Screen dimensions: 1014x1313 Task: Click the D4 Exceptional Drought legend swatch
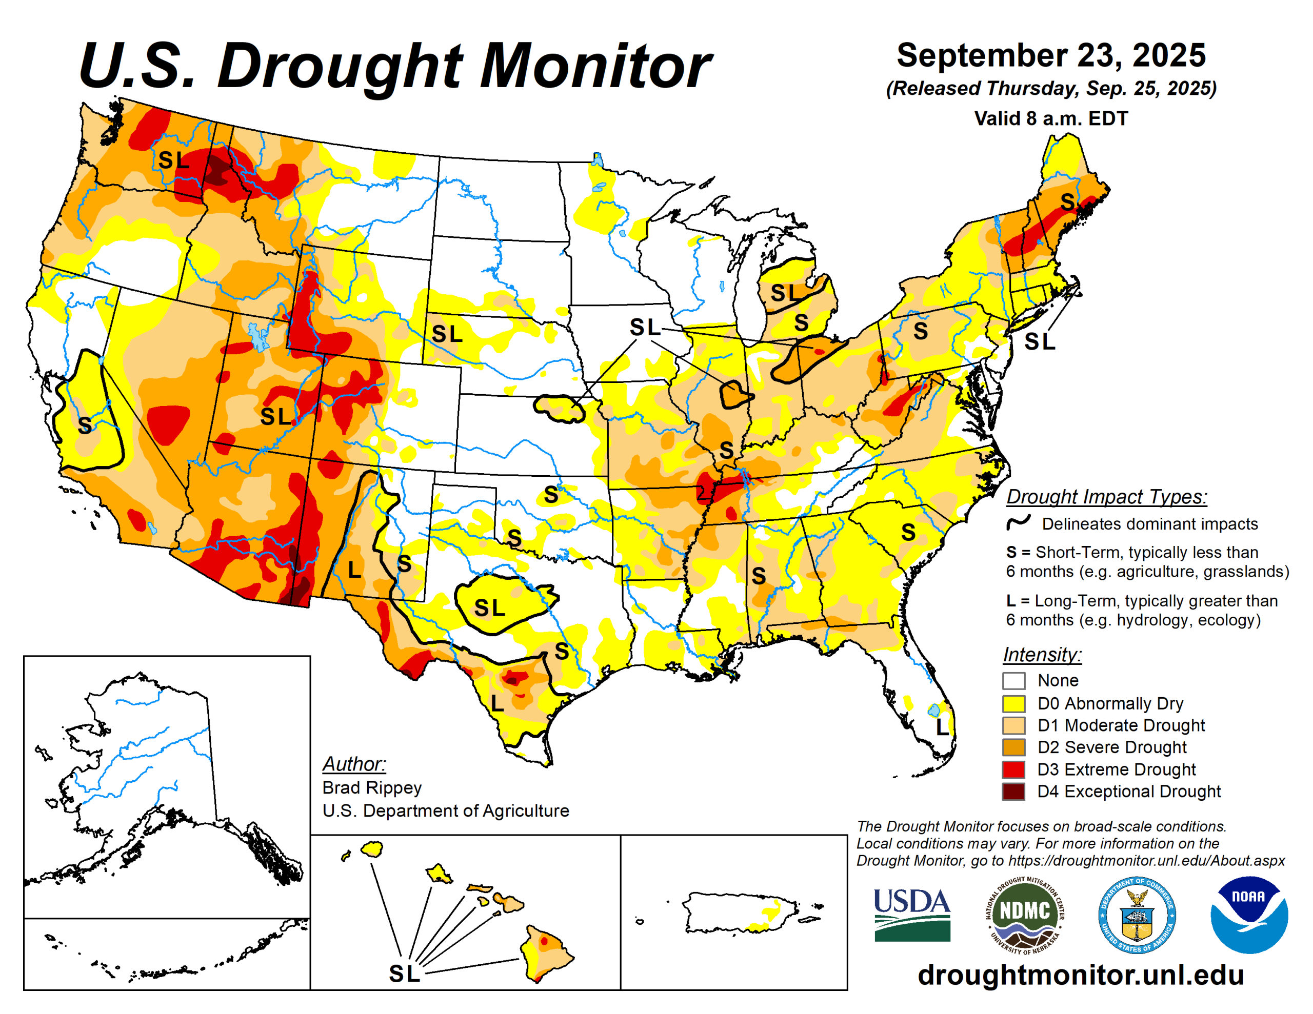[1013, 792]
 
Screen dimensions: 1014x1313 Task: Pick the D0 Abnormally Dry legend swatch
[1013, 703]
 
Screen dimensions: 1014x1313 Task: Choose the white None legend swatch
[1013, 681]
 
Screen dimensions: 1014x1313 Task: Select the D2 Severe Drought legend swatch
[1013, 747]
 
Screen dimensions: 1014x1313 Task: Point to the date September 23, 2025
[1051, 55]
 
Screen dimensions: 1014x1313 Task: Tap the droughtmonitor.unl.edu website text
[1080, 975]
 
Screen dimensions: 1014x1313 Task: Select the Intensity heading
[1042, 654]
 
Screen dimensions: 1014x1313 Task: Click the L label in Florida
[942, 728]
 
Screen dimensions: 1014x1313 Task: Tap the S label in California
[85, 425]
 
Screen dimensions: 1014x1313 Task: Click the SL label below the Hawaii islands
[404, 974]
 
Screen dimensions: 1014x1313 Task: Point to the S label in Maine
[1067, 202]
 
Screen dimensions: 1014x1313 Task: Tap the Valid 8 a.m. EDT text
[1051, 118]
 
